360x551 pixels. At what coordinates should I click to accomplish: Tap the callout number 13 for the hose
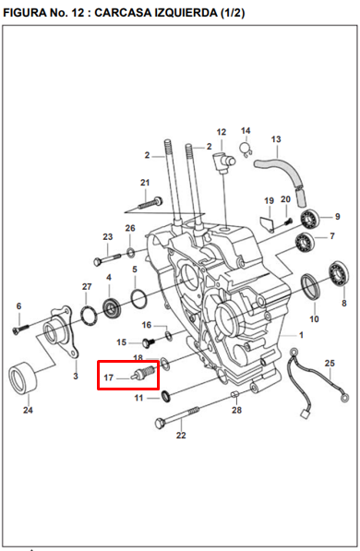[x=276, y=139]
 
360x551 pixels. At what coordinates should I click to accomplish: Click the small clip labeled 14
[x=247, y=150]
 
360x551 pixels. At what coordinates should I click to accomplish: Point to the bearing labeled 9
[x=310, y=219]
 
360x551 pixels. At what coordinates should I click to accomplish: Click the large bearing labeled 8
[x=339, y=274]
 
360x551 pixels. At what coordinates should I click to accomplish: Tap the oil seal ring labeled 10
[x=310, y=287]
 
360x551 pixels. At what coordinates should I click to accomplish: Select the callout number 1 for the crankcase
[x=301, y=335]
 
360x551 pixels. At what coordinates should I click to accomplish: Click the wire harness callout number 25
[x=330, y=363]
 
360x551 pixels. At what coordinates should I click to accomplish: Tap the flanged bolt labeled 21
[x=150, y=202]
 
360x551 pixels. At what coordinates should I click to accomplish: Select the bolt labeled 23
[x=107, y=258]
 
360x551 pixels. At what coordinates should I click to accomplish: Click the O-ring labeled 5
[x=138, y=297]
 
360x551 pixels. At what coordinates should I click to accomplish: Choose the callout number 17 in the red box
[x=109, y=377]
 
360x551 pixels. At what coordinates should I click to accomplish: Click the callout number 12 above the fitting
[x=222, y=133]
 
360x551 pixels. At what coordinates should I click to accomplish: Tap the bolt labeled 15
[x=149, y=341]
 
